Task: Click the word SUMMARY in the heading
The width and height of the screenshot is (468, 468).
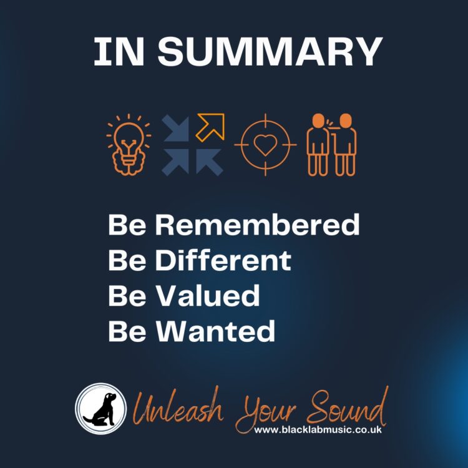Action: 270,52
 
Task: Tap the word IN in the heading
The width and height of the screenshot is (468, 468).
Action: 119,52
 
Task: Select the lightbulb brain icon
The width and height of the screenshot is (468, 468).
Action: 129,145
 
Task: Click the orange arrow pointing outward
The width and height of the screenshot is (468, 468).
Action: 211,127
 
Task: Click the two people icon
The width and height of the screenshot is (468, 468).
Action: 331,145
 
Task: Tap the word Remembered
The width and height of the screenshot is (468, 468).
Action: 257,225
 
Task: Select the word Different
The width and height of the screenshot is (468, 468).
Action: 223,260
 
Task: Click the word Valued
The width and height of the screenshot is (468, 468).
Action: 208,296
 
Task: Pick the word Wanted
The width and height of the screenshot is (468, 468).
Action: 215,331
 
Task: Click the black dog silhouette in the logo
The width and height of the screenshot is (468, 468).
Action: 101,409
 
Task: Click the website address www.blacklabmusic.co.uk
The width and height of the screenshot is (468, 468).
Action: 318,430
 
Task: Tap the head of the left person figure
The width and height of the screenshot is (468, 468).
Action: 318,120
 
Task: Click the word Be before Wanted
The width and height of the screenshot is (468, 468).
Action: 127,331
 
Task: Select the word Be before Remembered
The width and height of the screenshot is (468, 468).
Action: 127,225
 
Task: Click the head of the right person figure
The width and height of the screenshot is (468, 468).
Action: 346,120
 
